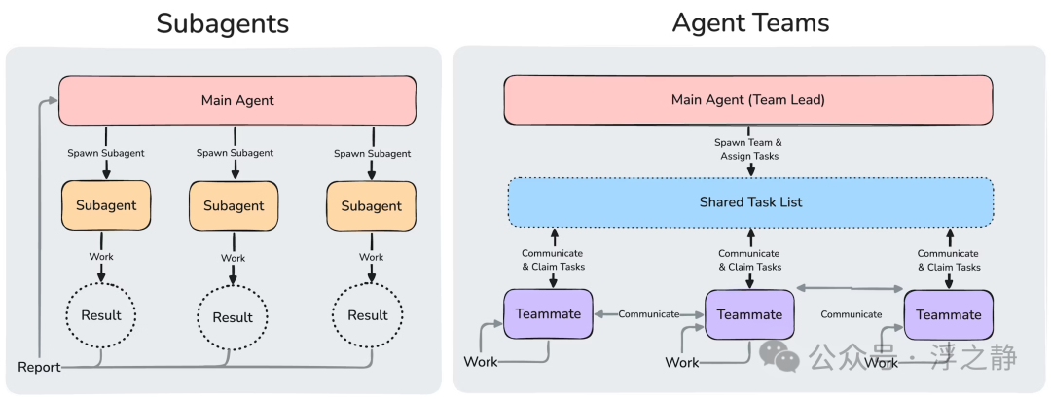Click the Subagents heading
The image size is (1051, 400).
(x=223, y=23)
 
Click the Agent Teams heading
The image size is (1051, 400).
(x=750, y=22)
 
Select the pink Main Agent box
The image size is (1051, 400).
(x=237, y=100)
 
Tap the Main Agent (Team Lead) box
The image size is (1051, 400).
(x=748, y=100)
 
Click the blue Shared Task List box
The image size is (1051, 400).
(x=750, y=201)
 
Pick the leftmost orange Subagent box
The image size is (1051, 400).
(x=106, y=205)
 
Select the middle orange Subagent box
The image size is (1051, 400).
(x=234, y=205)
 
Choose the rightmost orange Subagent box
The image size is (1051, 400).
(x=371, y=205)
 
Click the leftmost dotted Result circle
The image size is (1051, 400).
(x=100, y=315)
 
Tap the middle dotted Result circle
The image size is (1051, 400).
(x=233, y=316)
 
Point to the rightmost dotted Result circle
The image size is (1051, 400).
(x=368, y=315)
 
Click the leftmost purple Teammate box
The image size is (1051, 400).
(x=548, y=313)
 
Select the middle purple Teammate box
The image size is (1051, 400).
(x=749, y=314)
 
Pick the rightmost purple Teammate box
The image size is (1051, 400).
(x=949, y=314)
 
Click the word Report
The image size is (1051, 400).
(x=39, y=367)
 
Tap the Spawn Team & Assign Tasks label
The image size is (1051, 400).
(x=748, y=149)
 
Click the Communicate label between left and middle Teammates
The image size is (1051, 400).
(x=648, y=313)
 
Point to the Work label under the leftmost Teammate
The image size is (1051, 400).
(x=481, y=362)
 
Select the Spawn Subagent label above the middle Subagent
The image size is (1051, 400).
(x=235, y=153)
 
